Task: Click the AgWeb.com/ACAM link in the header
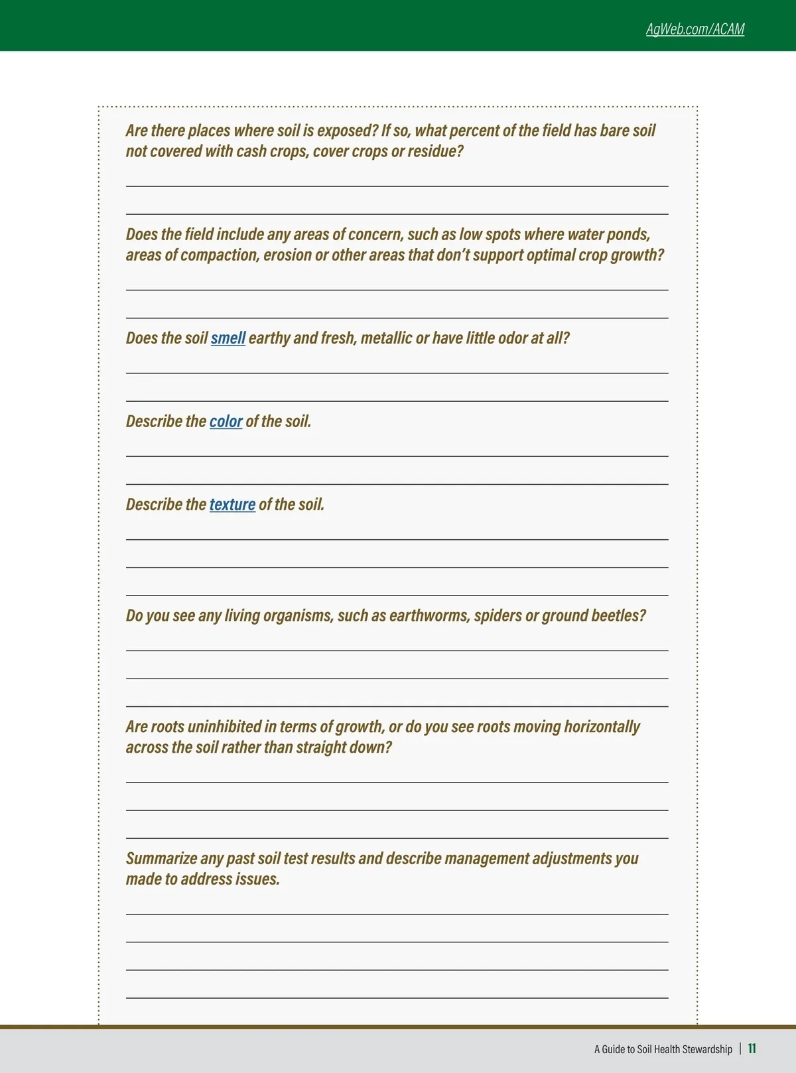click(x=695, y=29)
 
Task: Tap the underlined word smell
click(x=228, y=338)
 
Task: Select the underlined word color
click(x=226, y=421)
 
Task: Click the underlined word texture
click(x=232, y=505)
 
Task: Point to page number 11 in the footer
click(x=752, y=1048)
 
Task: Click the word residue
click(x=434, y=151)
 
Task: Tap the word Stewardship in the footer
click(x=707, y=1049)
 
